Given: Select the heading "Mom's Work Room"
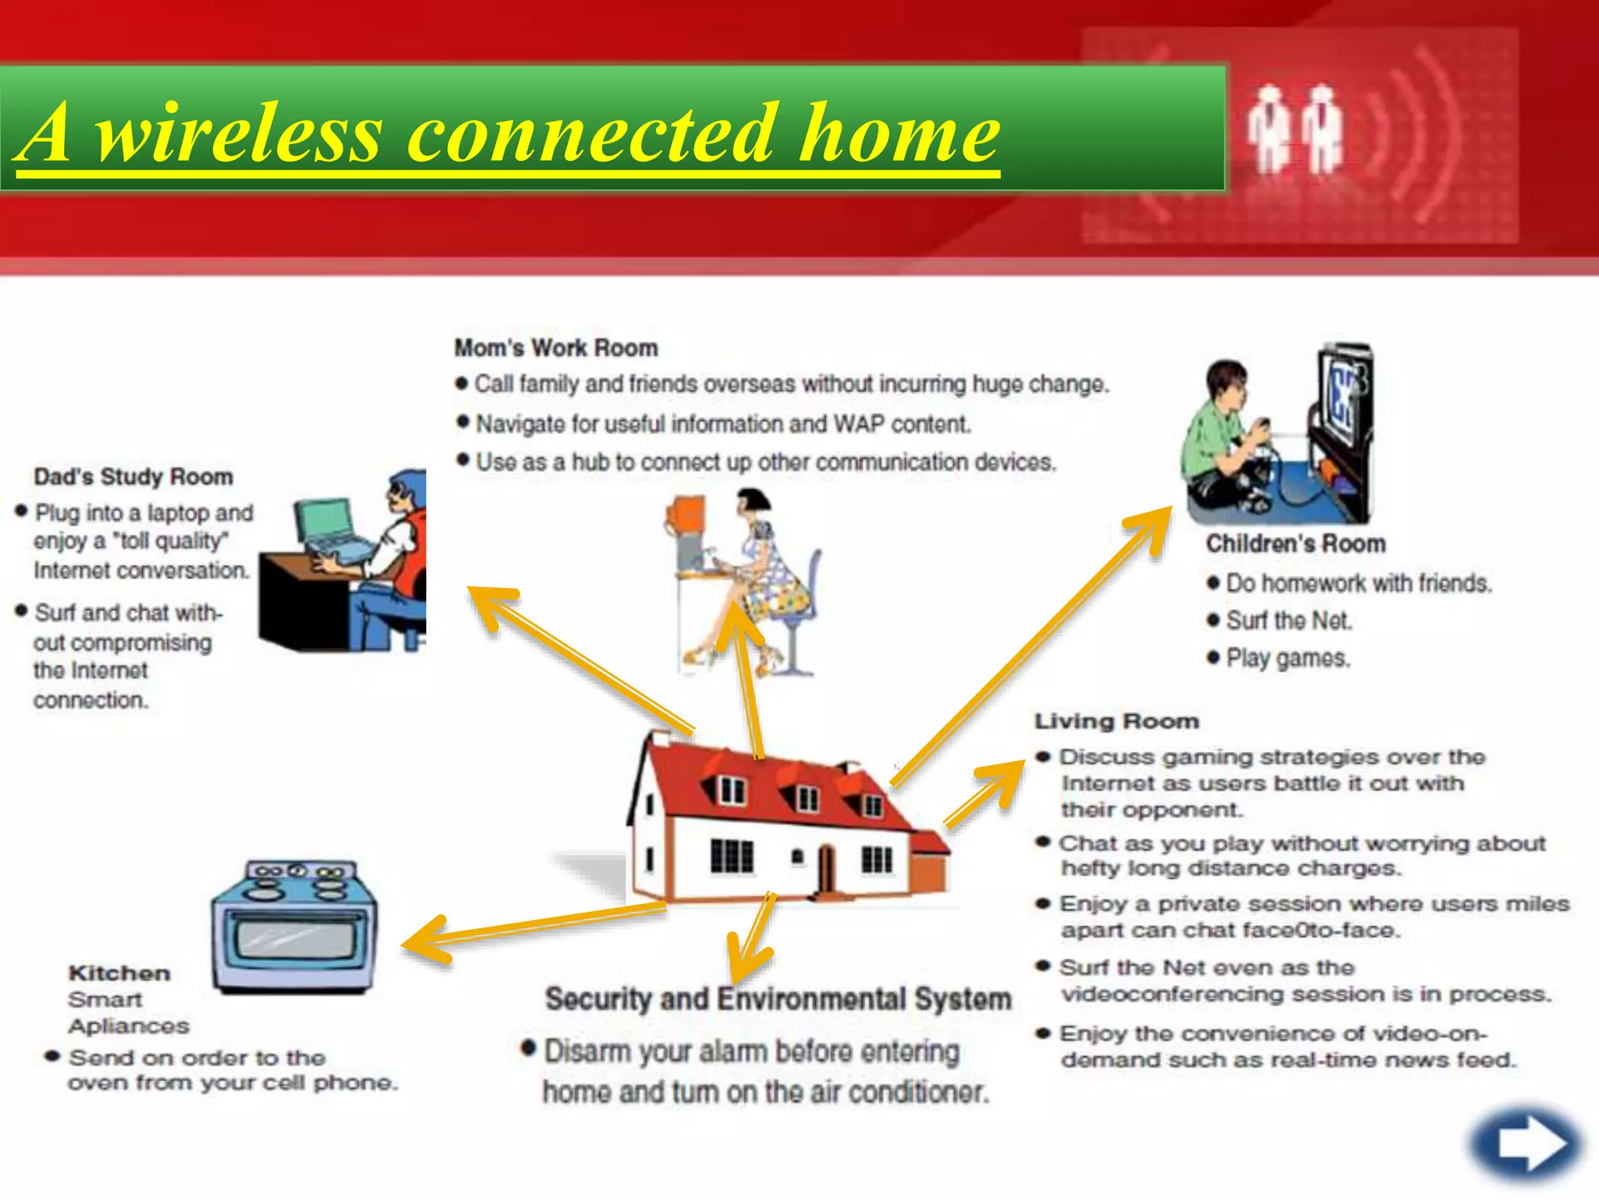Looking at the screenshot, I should click(556, 348).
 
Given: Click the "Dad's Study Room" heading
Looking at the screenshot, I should click(134, 477).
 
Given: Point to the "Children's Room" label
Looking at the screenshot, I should click(1295, 544).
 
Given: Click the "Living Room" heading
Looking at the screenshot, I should click(1116, 721).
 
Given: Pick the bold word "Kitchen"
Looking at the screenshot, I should click(119, 973).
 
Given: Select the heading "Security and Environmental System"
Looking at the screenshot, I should click(778, 999).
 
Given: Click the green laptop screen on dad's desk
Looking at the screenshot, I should click(323, 522).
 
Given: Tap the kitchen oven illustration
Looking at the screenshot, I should click(294, 927).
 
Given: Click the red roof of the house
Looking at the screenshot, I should click(773, 781).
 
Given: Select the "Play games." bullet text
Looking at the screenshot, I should click(1287, 659).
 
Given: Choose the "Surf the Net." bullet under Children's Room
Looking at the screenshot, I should click(1288, 621).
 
